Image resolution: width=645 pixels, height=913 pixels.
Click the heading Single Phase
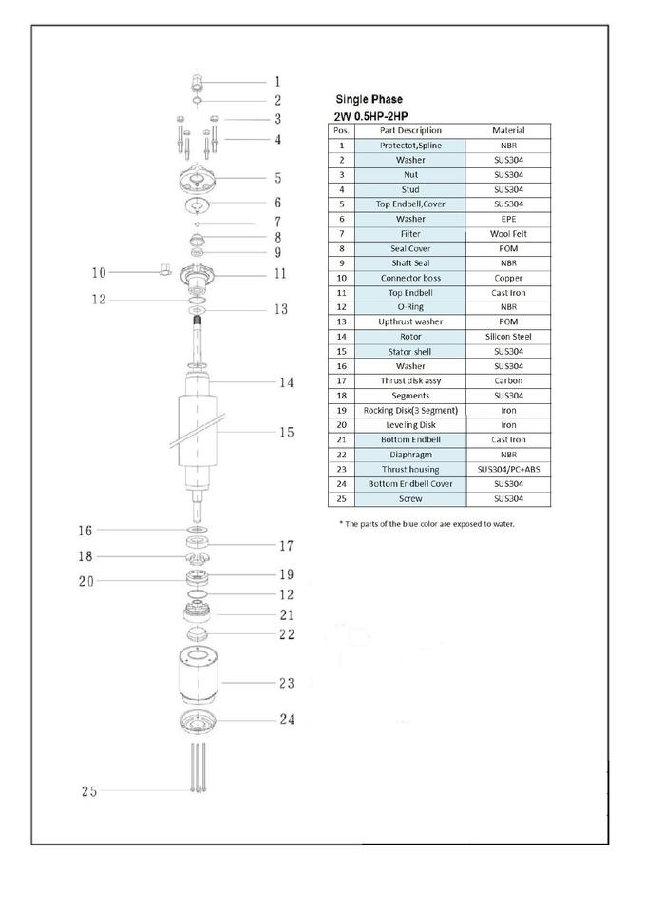coord(369,99)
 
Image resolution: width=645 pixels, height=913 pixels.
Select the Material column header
coord(508,130)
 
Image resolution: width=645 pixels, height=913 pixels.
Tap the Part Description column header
coord(410,130)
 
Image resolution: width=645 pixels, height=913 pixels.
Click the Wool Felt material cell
coord(508,233)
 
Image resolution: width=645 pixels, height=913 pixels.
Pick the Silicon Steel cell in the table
coord(508,336)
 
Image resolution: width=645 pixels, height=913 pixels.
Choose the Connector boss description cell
coord(410,278)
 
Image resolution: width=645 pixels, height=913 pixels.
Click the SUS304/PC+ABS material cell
coord(508,469)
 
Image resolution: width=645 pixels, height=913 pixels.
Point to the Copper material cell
coord(508,278)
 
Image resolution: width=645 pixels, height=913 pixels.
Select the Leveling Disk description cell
coord(410,424)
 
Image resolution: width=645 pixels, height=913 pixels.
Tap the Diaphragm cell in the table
coord(410,454)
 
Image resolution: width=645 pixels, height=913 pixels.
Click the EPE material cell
coord(508,219)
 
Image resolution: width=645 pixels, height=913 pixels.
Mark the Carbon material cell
coord(508,380)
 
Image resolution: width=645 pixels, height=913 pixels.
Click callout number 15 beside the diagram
coord(286,433)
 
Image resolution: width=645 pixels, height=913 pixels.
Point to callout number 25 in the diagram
coord(89,791)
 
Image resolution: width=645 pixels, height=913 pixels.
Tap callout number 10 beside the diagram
coord(99,272)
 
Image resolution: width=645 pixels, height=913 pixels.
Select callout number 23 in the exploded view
coord(286,683)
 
